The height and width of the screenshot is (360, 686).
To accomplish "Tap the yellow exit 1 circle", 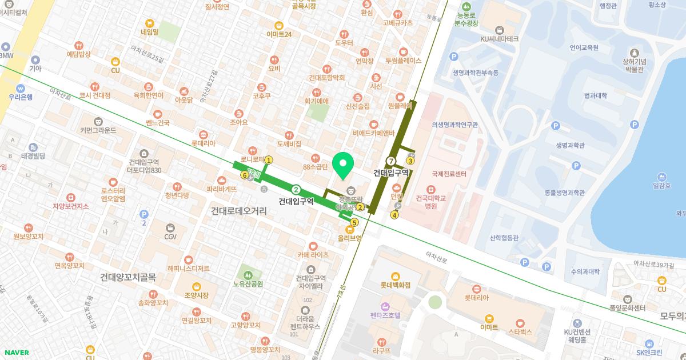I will tap(269, 161).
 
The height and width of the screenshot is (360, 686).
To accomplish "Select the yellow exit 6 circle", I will tap(245, 175).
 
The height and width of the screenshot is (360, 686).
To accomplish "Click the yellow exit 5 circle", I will tap(354, 222).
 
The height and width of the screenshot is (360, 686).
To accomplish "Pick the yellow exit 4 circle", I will tap(394, 215).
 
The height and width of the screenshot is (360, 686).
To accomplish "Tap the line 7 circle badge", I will tap(391, 161).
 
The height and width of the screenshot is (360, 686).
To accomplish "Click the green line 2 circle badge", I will tap(296, 190).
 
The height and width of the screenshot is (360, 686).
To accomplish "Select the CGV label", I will tap(170, 237).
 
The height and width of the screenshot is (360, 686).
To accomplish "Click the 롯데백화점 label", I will tap(396, 285).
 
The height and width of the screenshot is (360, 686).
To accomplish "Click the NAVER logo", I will tap(16, 353).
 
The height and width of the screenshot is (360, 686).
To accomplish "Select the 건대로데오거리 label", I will tap(238, 211).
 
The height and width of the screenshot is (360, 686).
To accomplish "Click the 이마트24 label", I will tap(279, 34).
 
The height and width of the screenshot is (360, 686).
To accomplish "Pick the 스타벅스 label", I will tap(520, 331).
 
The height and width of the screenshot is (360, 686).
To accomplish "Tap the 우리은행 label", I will tap(21, 97).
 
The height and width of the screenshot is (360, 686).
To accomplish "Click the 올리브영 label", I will tap(349, 238).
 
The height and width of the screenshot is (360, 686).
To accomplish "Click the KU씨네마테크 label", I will tap(500, 38).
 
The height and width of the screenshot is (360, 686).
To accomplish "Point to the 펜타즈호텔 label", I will tap(385, 315).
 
